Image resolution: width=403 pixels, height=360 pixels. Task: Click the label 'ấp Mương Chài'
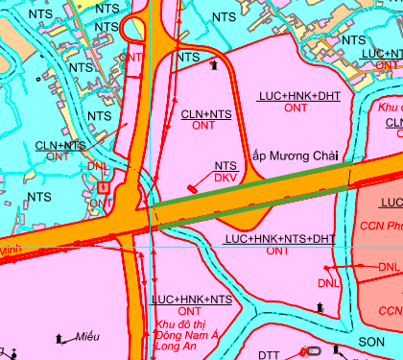296,155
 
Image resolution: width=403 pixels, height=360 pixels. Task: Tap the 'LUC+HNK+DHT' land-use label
298,97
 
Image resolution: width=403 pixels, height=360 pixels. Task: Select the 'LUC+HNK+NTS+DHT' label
278,238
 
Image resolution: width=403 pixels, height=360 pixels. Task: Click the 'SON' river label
371,342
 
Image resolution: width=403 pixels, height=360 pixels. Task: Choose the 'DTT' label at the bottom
269,355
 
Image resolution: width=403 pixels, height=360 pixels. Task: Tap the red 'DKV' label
225,178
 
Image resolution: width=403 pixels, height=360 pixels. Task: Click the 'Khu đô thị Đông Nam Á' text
191,332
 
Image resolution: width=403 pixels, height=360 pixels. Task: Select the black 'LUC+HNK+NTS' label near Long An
192,300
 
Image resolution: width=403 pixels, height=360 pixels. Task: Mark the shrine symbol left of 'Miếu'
60,338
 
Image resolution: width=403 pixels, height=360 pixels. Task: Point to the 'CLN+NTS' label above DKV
204,113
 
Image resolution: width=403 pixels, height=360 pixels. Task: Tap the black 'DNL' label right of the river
389,266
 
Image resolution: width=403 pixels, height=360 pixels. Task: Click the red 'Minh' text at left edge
10,249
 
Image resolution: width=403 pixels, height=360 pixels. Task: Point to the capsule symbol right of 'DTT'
307,352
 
